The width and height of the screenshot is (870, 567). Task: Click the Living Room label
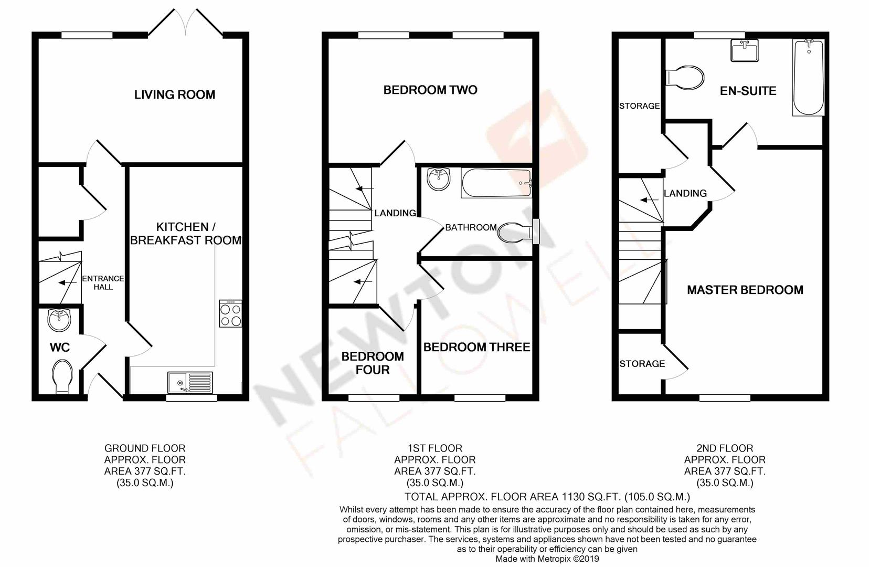click(x=175, y=94)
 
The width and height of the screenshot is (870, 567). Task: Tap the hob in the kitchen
click(x=231, y=314)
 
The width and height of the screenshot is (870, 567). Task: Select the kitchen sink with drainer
click(x=191, y=382)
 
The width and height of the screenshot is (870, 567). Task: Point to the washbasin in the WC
click(x=59, y=320)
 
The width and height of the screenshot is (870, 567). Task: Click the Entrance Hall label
click(x=103, y=282)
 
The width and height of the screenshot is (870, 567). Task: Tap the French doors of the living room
click(x=186, y=24)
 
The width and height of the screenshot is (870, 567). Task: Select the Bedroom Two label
click(x=430, y=90)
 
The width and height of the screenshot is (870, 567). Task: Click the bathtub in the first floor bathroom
click(x=496, y=183)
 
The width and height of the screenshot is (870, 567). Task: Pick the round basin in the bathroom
click(x=438, y=179)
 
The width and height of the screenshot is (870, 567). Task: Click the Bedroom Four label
click(x=373, y=363)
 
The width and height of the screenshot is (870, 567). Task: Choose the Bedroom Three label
click(x=476, y=347)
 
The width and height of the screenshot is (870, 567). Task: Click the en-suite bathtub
click(x=808, y=78)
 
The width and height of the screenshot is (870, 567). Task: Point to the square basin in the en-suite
click(x=745, y=51)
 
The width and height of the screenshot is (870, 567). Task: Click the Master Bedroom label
click(x=745, y=290)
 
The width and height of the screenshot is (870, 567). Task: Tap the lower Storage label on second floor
click(x=642, y=364)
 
